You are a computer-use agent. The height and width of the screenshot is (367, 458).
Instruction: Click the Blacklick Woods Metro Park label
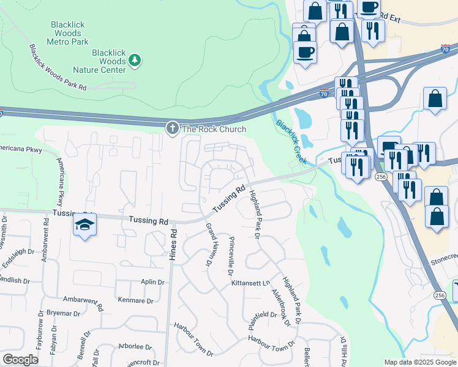(x=69, y=33)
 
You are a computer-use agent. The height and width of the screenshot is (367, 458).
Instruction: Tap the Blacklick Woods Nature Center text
(x=108, y=61)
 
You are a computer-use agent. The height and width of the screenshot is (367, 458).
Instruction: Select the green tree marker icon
(x=135, y=60)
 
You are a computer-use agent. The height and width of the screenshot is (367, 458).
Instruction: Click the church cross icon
(x=173, y=128)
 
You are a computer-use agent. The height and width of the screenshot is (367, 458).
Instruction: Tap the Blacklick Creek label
(x=291, y=142)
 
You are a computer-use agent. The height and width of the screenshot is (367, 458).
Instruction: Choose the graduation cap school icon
(x=85, y=225)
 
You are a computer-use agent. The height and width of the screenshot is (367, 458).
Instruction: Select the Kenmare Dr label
(x=138, y=300)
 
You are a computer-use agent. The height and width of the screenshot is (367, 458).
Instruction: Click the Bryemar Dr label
(x=63, y=313)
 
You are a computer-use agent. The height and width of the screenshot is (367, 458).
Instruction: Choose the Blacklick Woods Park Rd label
(x=58, y=67)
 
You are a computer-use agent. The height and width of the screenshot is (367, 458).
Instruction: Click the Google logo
(x=20, y=360)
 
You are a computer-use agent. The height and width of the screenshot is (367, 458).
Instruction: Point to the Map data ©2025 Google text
(x=419, y=362)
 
